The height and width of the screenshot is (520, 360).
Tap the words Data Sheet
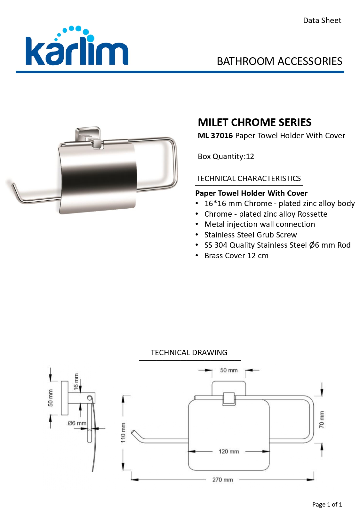click(322, 21)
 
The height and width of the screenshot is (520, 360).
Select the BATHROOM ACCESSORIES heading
click(279, 61)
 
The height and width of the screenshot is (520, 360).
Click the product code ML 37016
click(215, 136)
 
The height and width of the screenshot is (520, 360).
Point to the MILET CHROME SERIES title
click(255, 122)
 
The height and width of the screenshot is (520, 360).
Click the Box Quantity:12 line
click(226, 156)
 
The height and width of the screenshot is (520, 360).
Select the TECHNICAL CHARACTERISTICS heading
click(248, 178)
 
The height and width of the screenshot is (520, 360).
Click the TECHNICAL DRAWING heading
click(189, 352)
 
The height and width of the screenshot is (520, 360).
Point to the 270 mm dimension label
click(222, 480)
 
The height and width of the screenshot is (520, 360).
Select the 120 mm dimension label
click(228, 451)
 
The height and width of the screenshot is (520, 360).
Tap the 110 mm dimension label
click(123, 433)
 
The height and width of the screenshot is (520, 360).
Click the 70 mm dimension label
click(321, 419)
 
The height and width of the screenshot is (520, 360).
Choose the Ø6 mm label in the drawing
click(77, 423)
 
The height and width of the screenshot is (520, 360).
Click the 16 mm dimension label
click(76, 382)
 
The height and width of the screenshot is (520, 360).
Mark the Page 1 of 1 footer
click(327, 504)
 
